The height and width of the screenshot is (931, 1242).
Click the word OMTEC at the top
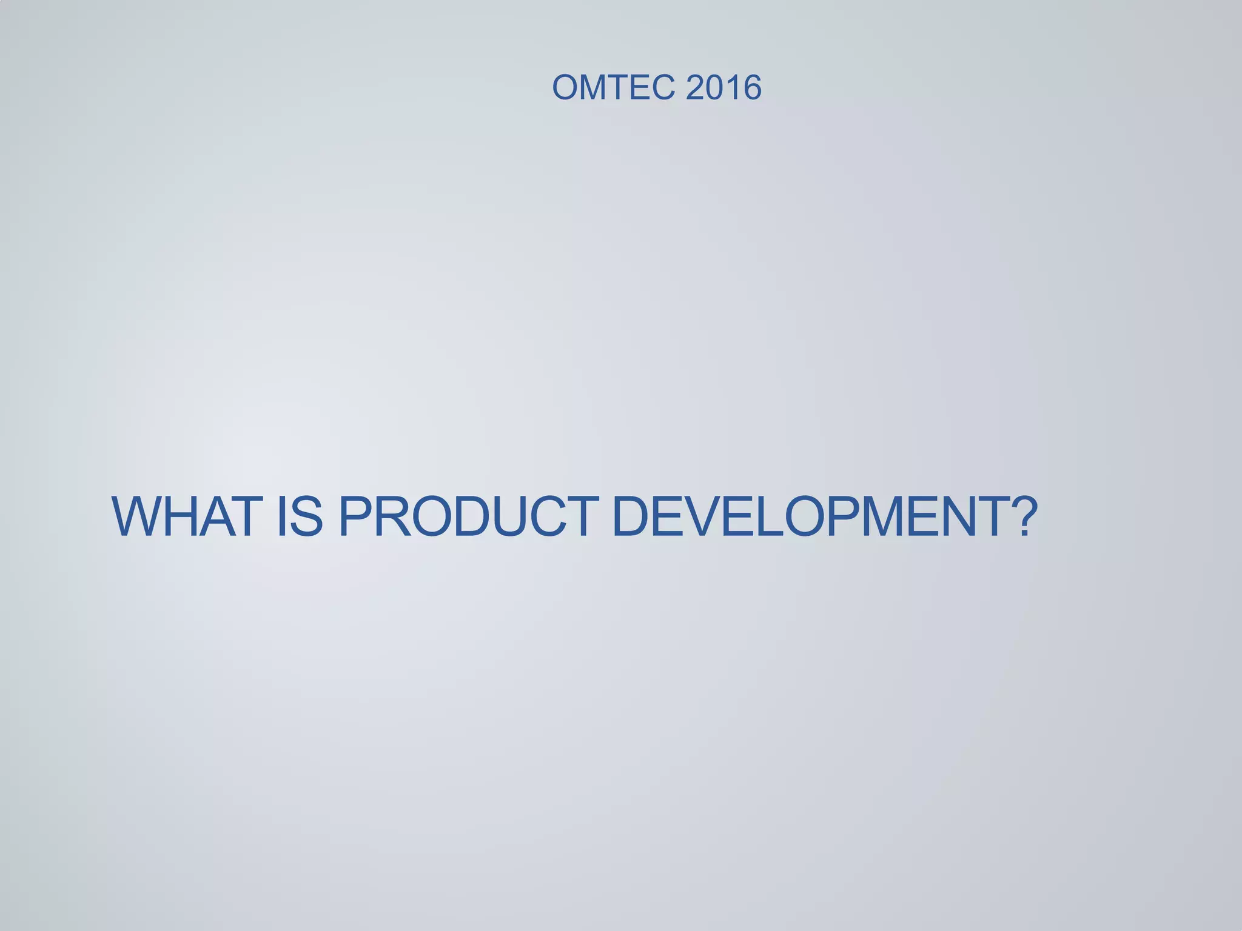click(x=613, y=87)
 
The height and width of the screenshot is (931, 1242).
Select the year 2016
click(x=723, y=87)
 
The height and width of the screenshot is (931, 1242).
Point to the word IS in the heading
click(x=300, y=517)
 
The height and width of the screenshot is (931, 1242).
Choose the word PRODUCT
click(x=468, y=517)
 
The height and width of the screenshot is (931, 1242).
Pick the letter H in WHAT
click(x=183, y=517)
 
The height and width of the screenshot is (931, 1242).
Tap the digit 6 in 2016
click(x=751, y=87)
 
